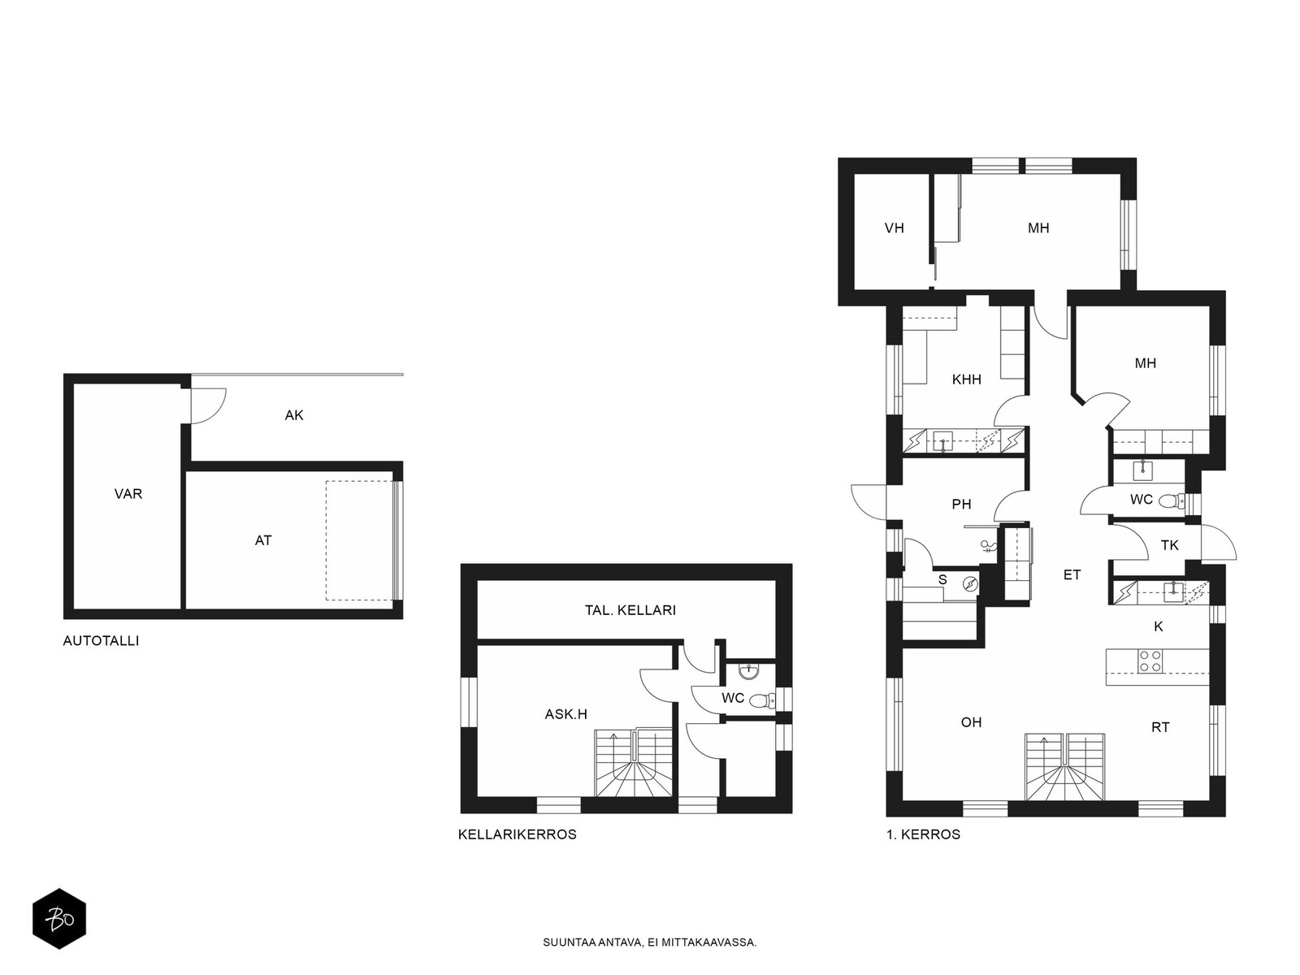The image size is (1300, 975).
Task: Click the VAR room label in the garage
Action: [x=128, y=494]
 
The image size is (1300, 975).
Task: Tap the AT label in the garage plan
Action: [x=263, y=540]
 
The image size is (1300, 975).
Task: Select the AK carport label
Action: [x=294, y=415]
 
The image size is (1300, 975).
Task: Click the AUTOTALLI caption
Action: [x=101, y=640]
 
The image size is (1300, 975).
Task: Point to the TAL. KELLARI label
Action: [x=630, y=610]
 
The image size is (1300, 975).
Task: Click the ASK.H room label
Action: [x=565, y=714]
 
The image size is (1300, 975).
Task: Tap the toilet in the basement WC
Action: [x=761, y=701]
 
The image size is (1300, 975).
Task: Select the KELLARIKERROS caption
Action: [x=517, y=834]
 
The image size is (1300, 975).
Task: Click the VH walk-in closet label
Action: [x=894, y=228]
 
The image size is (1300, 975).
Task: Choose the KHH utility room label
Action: [x=967, y=380]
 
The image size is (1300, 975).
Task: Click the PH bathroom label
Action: [x=961, y=505]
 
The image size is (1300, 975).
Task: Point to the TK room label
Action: [x=1170, y=545]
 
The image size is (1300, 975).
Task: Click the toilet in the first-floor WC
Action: [x=1171, y=501]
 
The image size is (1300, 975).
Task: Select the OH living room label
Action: [x=971, y=722]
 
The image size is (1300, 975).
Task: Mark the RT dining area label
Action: [x=1160, y=727]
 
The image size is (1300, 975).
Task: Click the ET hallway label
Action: [x=1072, y=574]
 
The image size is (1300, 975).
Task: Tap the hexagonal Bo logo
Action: [x=59, y=919]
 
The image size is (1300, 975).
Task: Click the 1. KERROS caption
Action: [x=923, y=834]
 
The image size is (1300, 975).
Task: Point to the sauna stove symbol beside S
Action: [x=969, y=585]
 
